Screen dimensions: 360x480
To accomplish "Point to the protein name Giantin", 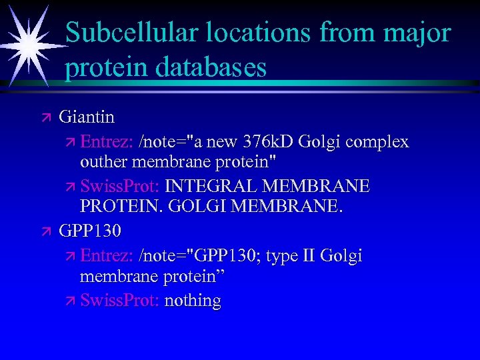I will pyautogui.click(x=87, y=117).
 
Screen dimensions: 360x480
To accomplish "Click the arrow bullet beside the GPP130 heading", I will pyautogui.click(x=46, y=231).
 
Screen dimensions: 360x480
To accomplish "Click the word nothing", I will pyautogui.click(x=193, y=301).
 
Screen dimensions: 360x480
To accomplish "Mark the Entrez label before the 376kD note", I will pyautogui.click(x=107, y=141).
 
